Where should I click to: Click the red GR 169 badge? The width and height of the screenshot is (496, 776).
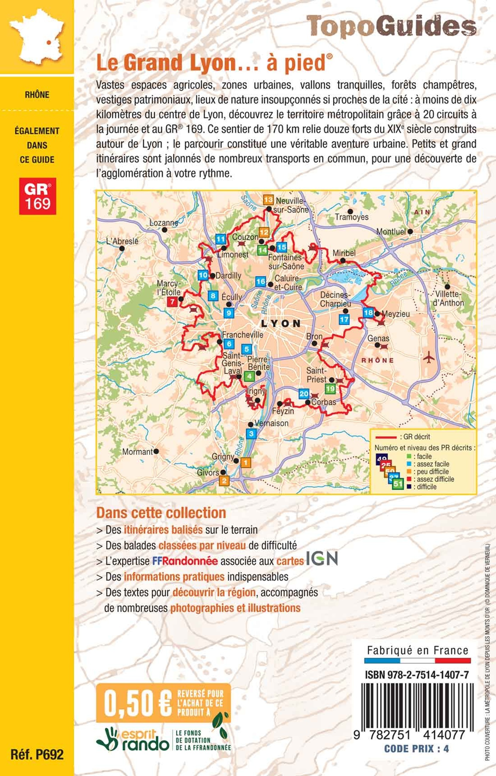[x=38, y=196]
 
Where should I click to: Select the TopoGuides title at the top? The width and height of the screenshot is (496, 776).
[x=391, y=26]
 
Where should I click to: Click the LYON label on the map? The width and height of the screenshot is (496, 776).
[x=281, y=323]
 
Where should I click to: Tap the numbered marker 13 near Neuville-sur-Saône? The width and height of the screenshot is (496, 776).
[x=268, y=200]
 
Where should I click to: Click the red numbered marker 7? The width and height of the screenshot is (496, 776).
[x=172, y=302]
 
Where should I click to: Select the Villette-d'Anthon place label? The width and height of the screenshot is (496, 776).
[x=448, y=298]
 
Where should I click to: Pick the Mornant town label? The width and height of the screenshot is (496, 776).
[x=137, y=452]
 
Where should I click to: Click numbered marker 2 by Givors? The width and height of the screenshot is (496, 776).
[x=224, y=481]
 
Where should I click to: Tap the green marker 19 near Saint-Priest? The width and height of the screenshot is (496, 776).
[x=330, y=389]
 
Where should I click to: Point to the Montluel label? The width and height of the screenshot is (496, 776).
[x=391, y=231]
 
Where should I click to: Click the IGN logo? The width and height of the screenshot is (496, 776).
[x=322, y=558]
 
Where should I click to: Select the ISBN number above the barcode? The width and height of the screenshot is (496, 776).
[x=417, y=675]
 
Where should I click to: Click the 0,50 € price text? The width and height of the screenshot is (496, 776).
[x=137, y=703]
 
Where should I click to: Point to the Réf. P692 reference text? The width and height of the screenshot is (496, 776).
[x=37, y=754]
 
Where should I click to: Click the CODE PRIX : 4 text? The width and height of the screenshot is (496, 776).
[x=416, y=749]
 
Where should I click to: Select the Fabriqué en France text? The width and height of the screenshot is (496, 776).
[x=417, y=651]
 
